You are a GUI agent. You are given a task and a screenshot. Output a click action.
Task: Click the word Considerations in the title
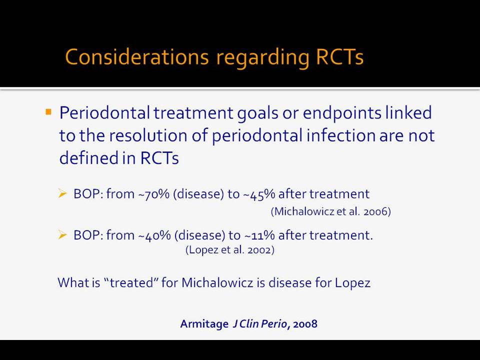pos(137,57)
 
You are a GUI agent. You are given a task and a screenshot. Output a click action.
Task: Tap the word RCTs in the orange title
pos(339,57)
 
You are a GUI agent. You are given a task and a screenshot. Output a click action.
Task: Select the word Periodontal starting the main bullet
pos(104,112)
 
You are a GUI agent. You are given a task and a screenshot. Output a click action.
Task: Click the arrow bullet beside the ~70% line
pos(62,193)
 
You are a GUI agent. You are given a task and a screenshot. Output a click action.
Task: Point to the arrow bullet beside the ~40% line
pos(62,235)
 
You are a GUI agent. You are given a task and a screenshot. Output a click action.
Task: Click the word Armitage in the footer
pos(204,324)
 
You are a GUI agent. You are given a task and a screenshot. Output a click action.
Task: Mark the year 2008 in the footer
pos(305,324)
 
